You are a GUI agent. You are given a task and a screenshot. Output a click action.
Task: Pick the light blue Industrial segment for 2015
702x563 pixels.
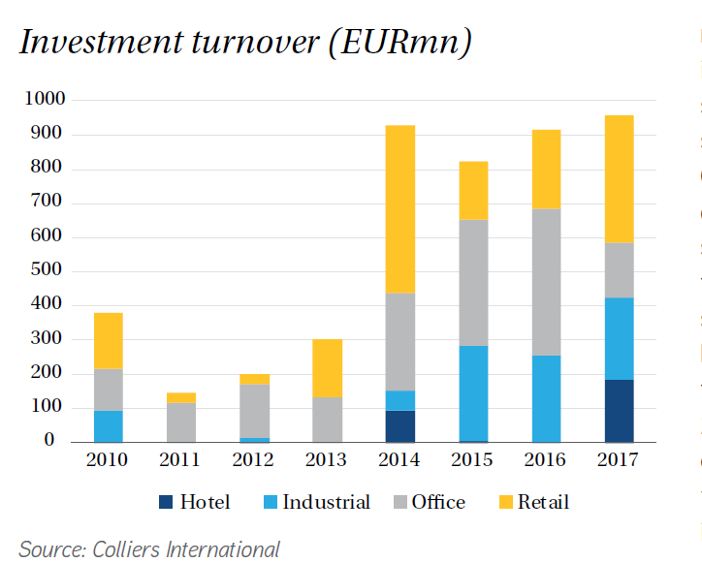[472, 392]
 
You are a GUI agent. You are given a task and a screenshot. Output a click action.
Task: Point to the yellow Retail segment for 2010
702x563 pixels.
[108, 340]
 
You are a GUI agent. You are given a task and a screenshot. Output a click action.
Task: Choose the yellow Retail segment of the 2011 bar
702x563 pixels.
[180, 397]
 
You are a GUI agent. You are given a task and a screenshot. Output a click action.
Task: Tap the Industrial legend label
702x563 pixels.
[326, 502]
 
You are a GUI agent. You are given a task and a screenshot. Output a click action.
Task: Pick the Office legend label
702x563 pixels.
[438, 502]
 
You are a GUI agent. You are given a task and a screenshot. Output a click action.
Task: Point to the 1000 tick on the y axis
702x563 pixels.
[45, 99]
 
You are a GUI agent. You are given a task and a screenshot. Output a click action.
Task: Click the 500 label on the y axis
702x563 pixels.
[48, 270]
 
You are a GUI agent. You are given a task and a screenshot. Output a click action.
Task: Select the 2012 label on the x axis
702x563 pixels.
[254, 460]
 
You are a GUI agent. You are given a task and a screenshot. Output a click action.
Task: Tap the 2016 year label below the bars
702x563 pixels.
[546, 460]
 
